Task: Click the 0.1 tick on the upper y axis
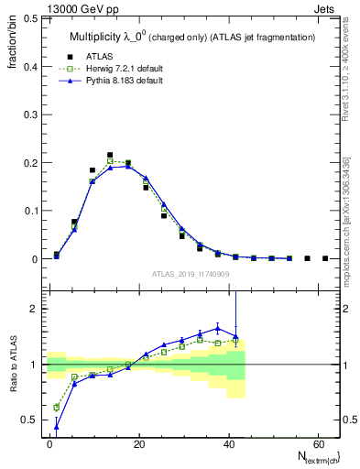coord(27,211)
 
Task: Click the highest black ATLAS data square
coord(110,155)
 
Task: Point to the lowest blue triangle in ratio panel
coord(57,427)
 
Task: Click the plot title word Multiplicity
coord(101,37)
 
